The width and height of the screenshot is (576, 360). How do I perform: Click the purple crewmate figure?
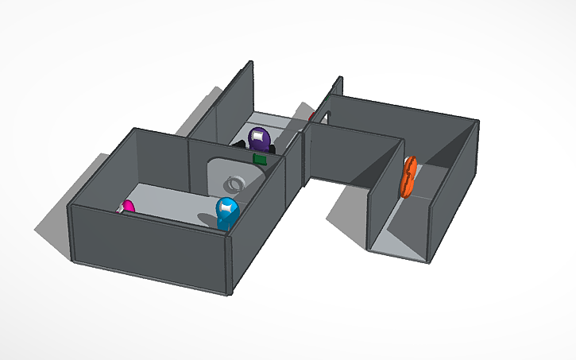click(x=259, y=140)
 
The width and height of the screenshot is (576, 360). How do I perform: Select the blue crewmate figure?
click(x=227, y=214)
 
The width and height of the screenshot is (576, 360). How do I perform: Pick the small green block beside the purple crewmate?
click(x=259, y=159)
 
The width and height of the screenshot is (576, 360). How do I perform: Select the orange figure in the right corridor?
click(x=409, y=176)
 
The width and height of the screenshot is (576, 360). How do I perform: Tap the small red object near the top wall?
click(x=311, y=117)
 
